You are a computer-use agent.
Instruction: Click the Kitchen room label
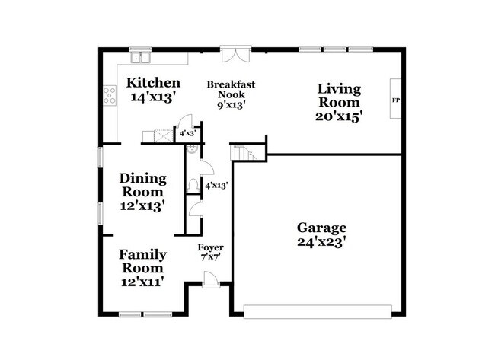tap(153, 83)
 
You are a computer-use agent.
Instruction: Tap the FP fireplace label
tap(395, 100)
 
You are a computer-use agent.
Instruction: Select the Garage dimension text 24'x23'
tap(321, 242)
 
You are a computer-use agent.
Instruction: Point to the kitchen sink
tap(140, 58)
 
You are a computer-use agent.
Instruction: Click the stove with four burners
tap(110, 96)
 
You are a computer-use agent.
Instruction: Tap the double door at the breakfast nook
tap(236, 55)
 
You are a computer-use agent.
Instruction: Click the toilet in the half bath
tap(193, 186)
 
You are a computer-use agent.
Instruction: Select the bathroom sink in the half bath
tap(192, 149)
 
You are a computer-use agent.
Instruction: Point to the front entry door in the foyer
tap(210, 279)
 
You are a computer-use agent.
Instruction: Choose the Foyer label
tap(210, 247)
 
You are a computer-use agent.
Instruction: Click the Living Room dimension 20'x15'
tap(338, 117)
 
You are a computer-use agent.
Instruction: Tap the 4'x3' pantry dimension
tap(188, 133)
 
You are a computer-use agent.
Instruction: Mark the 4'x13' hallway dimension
tap(216, 186)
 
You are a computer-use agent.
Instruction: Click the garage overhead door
tap(318, 311)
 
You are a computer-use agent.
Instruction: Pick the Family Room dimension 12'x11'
tap(142, 282)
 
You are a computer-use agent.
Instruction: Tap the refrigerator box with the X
tap(164, 136)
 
